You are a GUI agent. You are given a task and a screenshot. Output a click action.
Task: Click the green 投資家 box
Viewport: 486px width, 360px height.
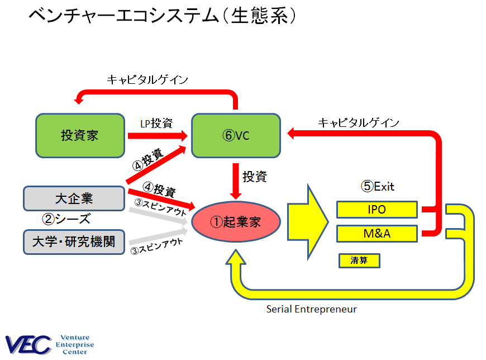pos(80,135)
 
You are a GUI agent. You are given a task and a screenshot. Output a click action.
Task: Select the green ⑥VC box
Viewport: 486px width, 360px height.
pos(235,135)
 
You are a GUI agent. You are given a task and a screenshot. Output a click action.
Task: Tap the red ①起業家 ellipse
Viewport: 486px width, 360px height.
pos(235,221)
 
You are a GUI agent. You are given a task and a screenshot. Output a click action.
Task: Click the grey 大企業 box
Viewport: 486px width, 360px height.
pos(74,198)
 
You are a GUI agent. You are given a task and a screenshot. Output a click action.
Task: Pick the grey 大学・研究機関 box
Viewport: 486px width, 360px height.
pos(74,241)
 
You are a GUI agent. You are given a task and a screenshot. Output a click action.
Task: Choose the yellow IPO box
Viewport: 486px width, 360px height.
pos(377,210)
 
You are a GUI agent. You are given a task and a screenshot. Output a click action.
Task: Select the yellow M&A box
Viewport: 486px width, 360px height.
pos(377,233)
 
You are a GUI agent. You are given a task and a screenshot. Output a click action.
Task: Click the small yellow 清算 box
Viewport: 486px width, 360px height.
pos(359,260)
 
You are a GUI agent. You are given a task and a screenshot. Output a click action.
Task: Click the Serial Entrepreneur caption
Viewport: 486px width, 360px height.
pos(311,309)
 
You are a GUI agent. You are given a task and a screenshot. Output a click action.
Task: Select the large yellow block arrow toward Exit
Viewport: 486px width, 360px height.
pos(307,221)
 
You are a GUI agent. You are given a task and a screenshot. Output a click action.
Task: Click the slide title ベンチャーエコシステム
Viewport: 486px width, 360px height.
pos(123,16)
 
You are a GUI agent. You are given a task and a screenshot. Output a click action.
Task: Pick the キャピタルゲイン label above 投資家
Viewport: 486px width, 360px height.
pos(147,80)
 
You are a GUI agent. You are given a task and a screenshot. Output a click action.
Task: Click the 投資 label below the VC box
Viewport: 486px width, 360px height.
pos(254,177)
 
